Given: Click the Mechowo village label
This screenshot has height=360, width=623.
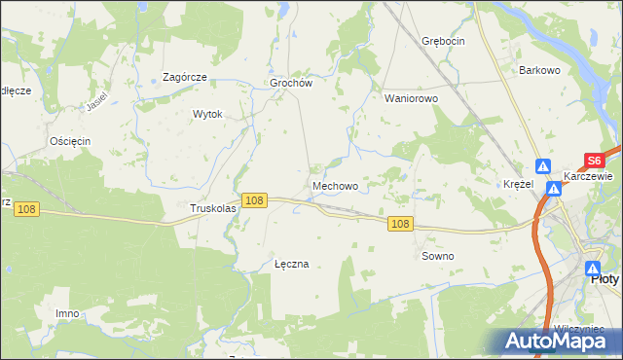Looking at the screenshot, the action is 335,185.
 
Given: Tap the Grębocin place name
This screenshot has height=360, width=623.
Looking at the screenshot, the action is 443,41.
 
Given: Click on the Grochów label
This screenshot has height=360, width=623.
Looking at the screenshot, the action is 290,84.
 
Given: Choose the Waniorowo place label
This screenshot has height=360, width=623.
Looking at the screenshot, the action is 412,98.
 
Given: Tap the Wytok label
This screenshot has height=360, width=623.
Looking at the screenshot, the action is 208,114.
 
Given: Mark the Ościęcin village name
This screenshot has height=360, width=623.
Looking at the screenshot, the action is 70,141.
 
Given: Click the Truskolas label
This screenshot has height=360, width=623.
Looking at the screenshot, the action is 213,208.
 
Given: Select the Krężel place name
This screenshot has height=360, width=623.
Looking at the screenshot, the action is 518,184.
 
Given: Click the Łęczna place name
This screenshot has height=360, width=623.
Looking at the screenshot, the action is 291,264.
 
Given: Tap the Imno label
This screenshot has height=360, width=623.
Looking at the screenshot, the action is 67,313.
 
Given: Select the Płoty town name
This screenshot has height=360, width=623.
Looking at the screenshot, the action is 605,278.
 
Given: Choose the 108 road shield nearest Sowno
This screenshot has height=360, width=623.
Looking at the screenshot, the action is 400,224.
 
